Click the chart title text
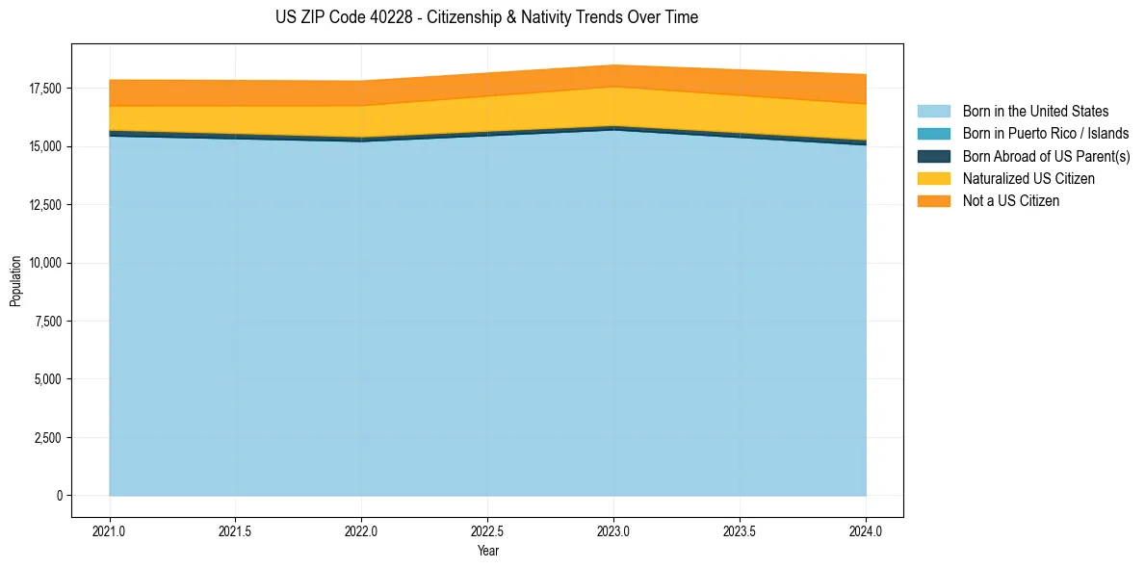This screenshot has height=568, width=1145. (486, 17)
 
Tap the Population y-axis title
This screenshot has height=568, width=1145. (15, 281)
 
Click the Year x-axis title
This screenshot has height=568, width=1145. (488, 551)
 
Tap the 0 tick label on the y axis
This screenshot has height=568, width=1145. (59, 496)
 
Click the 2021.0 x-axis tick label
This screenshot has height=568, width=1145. (110, 530)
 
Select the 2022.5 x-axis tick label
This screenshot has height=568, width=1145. (488, 530)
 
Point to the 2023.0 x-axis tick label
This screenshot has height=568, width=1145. (613, 530)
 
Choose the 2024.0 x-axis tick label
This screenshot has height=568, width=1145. (866, 530)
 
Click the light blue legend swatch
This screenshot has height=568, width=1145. (933, 112)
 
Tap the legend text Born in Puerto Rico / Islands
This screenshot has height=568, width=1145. (1046, 134)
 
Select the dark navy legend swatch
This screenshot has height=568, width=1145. (933, 156)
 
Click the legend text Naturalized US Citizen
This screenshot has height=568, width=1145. (1028, 179)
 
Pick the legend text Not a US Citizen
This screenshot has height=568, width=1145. (1011, 201)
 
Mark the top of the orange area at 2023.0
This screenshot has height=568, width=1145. (613, 65)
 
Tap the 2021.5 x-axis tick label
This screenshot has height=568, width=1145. (236, 530)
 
